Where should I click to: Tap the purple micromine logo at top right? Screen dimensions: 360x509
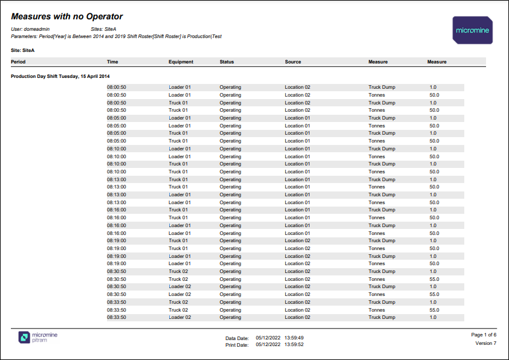472,30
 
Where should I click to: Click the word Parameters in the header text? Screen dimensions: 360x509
24,36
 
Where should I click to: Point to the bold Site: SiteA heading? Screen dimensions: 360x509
23,51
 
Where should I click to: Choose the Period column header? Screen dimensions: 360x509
18,62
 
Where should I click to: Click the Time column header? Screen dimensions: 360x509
112,62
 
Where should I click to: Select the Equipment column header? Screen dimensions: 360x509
181,62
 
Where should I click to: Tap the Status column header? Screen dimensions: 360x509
227,62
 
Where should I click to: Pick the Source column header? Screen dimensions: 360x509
293,62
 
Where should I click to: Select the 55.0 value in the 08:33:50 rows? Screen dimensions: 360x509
434,309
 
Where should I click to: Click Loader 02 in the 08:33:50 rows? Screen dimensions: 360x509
180,317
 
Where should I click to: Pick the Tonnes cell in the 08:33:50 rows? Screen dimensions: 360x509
377,309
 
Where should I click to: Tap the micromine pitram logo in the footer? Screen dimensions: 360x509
39,337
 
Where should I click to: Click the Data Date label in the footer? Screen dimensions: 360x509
237,338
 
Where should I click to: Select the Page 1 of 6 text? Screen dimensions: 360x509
484,335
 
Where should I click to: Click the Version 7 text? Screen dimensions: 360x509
486,343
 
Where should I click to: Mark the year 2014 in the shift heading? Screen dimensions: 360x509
105,76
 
